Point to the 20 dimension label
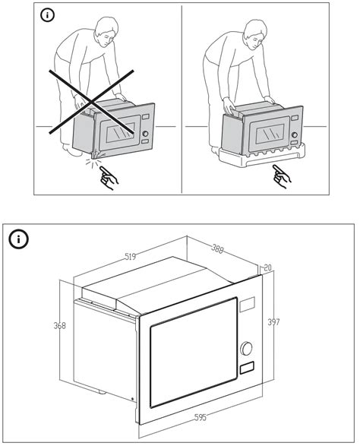267,267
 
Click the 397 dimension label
273,322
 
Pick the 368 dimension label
58,327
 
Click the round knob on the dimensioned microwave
247,350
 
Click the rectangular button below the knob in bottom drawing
247,370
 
